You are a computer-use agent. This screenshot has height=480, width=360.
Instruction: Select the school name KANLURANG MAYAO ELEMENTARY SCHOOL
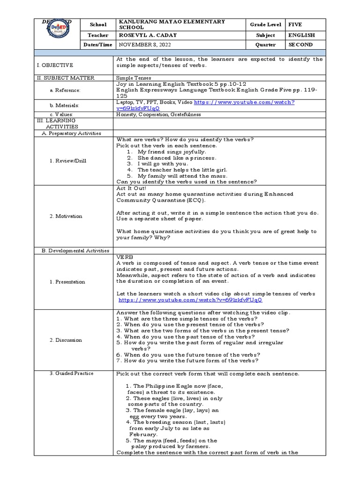pyautogui.click(x=172, y=24)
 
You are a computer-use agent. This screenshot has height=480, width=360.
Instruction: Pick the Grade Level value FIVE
pyautogui.click(x=295, y=24)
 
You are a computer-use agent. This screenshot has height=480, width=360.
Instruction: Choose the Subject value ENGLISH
pyautogui.click(x=301, y=35)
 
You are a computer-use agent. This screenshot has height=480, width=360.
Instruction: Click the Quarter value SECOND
pyautogui.click(x=301, y=45)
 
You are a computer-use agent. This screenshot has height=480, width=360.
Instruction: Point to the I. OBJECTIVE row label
pyautogui.click(x=55, y=65)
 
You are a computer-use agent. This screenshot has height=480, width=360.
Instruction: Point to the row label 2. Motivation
pyautogui.click(x=66, y=216)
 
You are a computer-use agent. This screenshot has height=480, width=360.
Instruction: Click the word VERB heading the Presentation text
pyautogui.click(x=124, y=257)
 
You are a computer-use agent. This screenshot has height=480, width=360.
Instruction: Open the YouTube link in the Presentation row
pyautogui.click(x=190, y=300)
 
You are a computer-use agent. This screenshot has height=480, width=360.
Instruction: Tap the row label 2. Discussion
pyautogui.click(x=66, y=340)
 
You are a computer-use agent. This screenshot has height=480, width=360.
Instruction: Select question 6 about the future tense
pyautogui.click(x=187, y=355)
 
